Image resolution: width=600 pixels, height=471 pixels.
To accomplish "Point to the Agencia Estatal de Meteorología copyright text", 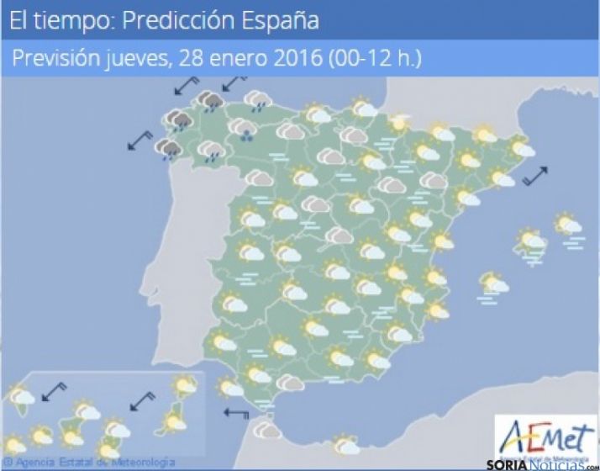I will pyautogui.click(x=89, y=463).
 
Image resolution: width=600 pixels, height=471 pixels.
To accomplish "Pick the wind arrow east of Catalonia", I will pyautogui.click(x=534, y=176).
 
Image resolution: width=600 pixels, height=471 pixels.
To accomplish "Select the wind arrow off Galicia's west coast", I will pyautogui.click(x=139, y=140).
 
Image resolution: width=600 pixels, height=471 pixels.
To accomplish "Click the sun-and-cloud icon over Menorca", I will pyautogui.click(x=569, y=225).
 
